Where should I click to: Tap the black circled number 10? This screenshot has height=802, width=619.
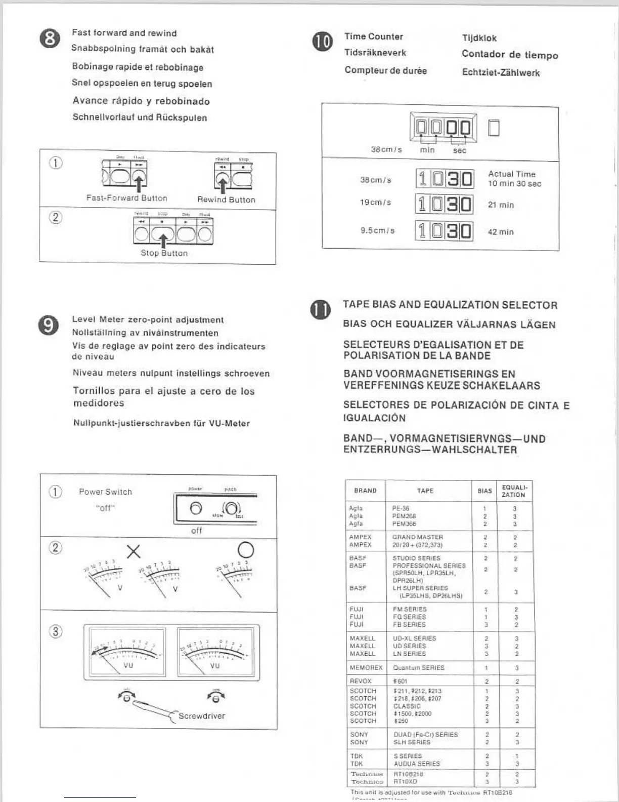[x=323, y=41]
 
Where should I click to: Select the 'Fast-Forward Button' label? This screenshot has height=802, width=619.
[x=126, y=198]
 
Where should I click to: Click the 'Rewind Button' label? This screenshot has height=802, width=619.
[x=226, y=199]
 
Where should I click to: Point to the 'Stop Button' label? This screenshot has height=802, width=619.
[x=164, y=253]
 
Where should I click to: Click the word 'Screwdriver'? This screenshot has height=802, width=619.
[x=201, y=716]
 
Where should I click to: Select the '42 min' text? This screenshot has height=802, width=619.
[x=500, y=232]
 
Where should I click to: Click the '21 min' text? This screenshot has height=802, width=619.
[x=500, y=205]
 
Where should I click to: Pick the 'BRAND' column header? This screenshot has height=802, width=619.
[x=365, y=491]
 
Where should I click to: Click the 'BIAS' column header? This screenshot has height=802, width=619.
[x=484, y=491]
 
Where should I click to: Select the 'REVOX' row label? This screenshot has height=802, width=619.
[x=361, y=681]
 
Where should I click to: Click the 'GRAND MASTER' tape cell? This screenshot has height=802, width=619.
[x=418, y=537]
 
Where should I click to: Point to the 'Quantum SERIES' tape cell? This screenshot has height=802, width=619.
[x=418, y=668]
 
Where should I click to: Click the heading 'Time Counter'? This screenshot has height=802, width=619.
[x=374, y=36]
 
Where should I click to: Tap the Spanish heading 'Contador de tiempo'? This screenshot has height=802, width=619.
[x=510, y=55]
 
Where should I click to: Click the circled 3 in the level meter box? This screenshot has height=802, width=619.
[x=56, y=632]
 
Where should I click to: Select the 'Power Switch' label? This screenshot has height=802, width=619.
[x=105, y=492]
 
